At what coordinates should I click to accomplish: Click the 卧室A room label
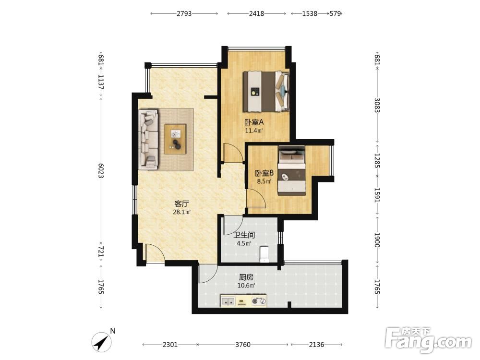click(x=254, y=122)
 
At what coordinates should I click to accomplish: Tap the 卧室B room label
click(x=264, y=173)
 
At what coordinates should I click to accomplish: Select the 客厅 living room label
click(x=181, y=204)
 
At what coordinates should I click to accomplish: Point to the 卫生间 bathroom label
click(x=244, y=235)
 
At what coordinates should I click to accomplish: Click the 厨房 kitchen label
click(x=246, y=277)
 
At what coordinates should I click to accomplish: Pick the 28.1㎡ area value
click(x=182, y=212)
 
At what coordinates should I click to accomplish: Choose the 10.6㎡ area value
click(x=246, y=286)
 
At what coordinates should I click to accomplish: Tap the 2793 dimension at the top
click(x=184, y=13)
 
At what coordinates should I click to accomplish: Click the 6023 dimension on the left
click(x=101, y=170)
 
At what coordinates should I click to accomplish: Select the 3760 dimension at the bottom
click(x=243, y=345)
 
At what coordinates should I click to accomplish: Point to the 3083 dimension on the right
click(x=377, y=105)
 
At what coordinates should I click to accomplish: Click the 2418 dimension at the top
click(x=256, y=13)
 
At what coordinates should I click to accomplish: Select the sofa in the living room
click(x=148, y=139)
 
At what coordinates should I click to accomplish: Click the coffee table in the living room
click(x=175, y=139)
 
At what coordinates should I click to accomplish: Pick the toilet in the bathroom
click(x=264, y=254)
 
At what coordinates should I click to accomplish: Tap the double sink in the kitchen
click(x=228, y=301)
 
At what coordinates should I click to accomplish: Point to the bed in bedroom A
click(x=266, y=92)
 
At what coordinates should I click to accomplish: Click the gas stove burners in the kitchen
click(x=259, y=301)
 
